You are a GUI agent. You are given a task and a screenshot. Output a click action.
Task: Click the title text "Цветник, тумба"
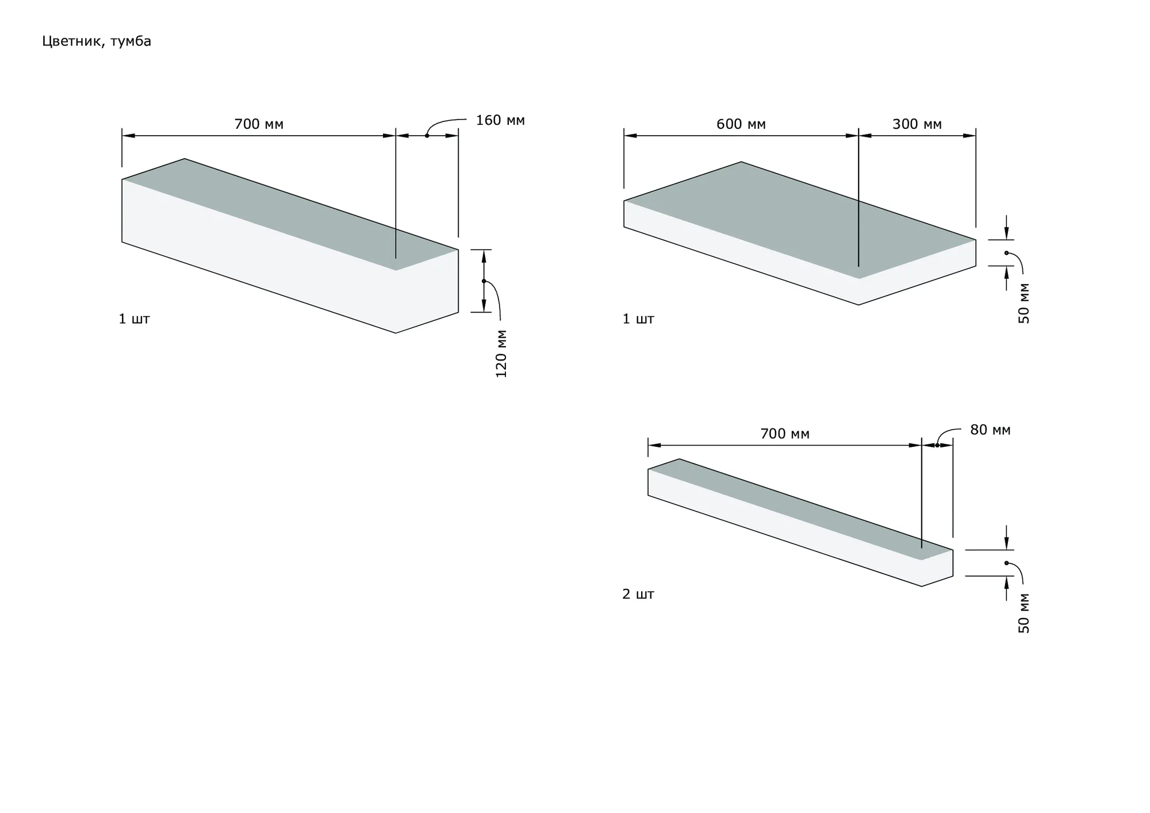pos(97,41)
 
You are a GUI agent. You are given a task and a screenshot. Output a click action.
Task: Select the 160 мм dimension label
pos(500,121)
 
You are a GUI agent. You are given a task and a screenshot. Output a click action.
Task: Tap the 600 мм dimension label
pos(741,124)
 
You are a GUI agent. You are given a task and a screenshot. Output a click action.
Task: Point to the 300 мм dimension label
pos(917,124)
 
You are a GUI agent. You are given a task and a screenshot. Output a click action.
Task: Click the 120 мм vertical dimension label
pos(501,354)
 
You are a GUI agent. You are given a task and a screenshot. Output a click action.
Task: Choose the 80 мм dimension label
pos(990,430)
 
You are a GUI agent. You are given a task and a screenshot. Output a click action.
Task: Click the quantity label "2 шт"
pos(638,594)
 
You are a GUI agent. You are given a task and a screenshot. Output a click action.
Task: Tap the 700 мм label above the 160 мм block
pos(259,124)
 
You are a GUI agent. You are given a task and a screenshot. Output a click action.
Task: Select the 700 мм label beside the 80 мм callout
pos(784,434)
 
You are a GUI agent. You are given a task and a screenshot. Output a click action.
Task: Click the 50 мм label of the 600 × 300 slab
pos(1024,304)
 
